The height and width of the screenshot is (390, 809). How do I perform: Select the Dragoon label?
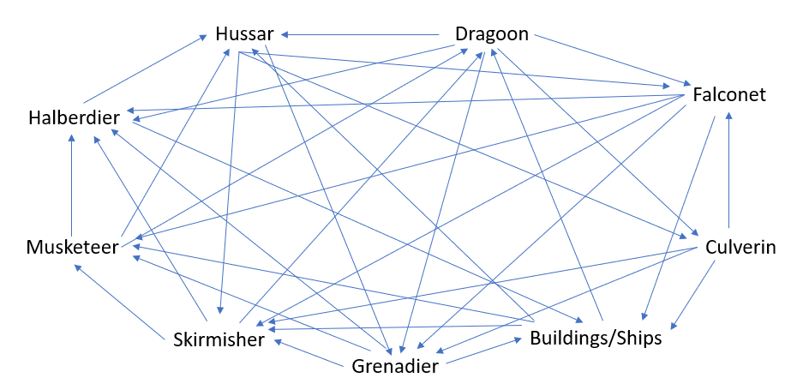point(492,34)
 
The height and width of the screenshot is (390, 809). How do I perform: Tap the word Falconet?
point(729,95)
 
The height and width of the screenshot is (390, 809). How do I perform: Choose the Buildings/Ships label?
point(596,338)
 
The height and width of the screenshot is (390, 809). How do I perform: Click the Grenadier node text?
point(395,367)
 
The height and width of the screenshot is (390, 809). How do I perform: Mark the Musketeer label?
point(72,248)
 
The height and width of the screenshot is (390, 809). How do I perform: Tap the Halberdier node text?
point(74,118)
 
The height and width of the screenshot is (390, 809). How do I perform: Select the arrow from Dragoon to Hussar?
point(360,34)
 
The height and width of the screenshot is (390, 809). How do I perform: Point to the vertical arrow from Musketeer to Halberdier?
point(72,185)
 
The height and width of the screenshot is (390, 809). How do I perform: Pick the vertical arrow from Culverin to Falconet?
point(728,170)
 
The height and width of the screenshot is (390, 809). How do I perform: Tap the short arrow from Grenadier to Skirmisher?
point(309,353)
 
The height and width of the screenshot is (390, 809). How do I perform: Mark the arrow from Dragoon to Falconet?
point(613,60)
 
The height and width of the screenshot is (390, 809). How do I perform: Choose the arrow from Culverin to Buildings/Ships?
point(692,294)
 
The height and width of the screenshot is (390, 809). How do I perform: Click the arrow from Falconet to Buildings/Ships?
point(678,219)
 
